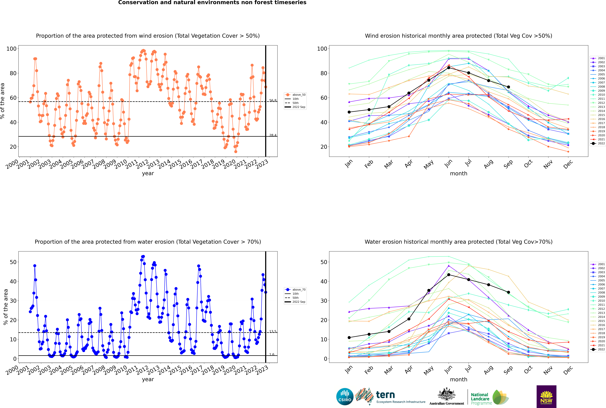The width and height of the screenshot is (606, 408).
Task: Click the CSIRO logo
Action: click(345, 397)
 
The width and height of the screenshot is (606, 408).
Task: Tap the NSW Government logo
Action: click(546, 396)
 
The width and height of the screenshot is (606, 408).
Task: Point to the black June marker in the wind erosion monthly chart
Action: click(449, 68)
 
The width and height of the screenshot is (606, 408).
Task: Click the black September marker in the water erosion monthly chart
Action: click(508, 292)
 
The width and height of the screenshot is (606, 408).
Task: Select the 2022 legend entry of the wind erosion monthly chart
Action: click(598, 143)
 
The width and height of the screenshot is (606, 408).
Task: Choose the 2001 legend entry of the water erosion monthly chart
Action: click(598, 264)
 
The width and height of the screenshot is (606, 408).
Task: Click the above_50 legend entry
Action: click(295, 95)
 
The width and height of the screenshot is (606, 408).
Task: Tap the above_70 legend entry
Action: click(295, 290)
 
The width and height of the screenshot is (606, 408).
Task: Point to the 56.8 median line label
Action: click(273, 100)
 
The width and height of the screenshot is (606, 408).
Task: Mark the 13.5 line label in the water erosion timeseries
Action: click(273, 331)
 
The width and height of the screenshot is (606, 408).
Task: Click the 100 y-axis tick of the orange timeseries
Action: click(11, 49)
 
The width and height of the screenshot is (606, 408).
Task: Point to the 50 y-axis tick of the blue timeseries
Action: click(13, 262)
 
